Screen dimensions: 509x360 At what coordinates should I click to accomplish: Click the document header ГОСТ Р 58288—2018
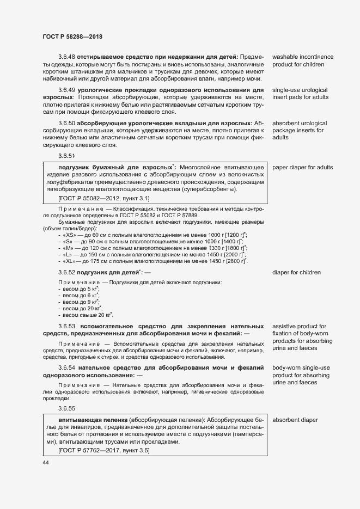point(72,36)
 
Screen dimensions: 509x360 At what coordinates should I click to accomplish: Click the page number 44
point(46,462)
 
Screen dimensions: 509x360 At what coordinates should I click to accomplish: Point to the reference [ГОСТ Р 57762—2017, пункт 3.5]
point(103,451)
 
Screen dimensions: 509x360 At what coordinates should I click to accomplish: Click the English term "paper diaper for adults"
point(302,167)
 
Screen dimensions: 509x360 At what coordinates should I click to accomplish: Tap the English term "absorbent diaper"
point(295,420)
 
